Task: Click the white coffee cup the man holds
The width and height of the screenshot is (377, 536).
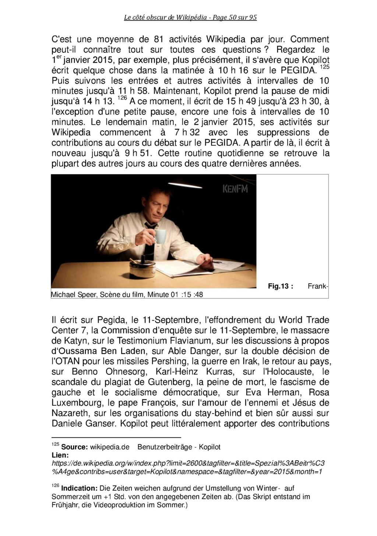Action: (x=160, y=236)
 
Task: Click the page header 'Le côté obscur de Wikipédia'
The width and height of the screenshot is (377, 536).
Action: (x=190, y=17)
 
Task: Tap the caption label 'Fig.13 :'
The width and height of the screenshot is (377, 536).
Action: (x=281, y=286)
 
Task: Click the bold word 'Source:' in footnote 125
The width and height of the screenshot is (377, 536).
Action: (x=74, y=447)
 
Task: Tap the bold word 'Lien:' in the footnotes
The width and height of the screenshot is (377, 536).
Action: (x=60, y=456)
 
